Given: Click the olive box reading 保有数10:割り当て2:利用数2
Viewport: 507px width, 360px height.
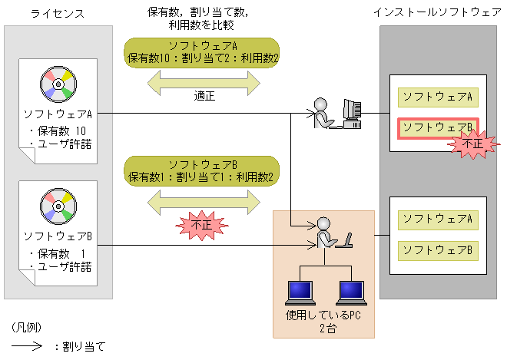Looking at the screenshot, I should [x=203, y=51].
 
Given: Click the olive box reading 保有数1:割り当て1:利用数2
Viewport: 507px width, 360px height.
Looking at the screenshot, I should [x=203, y=170].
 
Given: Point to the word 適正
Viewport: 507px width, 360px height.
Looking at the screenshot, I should [x=204, y=97].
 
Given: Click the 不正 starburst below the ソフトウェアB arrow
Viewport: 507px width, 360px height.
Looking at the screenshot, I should [x=202, y=226].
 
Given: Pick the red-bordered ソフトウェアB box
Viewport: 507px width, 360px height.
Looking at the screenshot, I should [x=437, y=127].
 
